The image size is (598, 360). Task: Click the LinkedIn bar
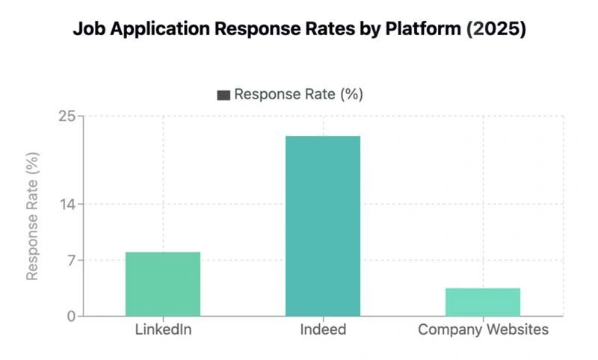point(163,284)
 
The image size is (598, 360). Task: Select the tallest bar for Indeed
point(323,226)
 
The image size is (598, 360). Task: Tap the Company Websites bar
point(483,302)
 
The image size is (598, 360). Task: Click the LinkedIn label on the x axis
point(163,329)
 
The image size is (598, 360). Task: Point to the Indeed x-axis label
point(323,329)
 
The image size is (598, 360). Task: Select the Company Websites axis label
point(483,329)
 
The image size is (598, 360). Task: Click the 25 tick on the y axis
point(67,117)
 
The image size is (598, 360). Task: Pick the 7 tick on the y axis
point(70,261)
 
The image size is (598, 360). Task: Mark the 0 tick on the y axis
point(70,317)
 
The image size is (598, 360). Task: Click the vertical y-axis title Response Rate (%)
point(32,217)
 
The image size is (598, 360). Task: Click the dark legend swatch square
point(224,95)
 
